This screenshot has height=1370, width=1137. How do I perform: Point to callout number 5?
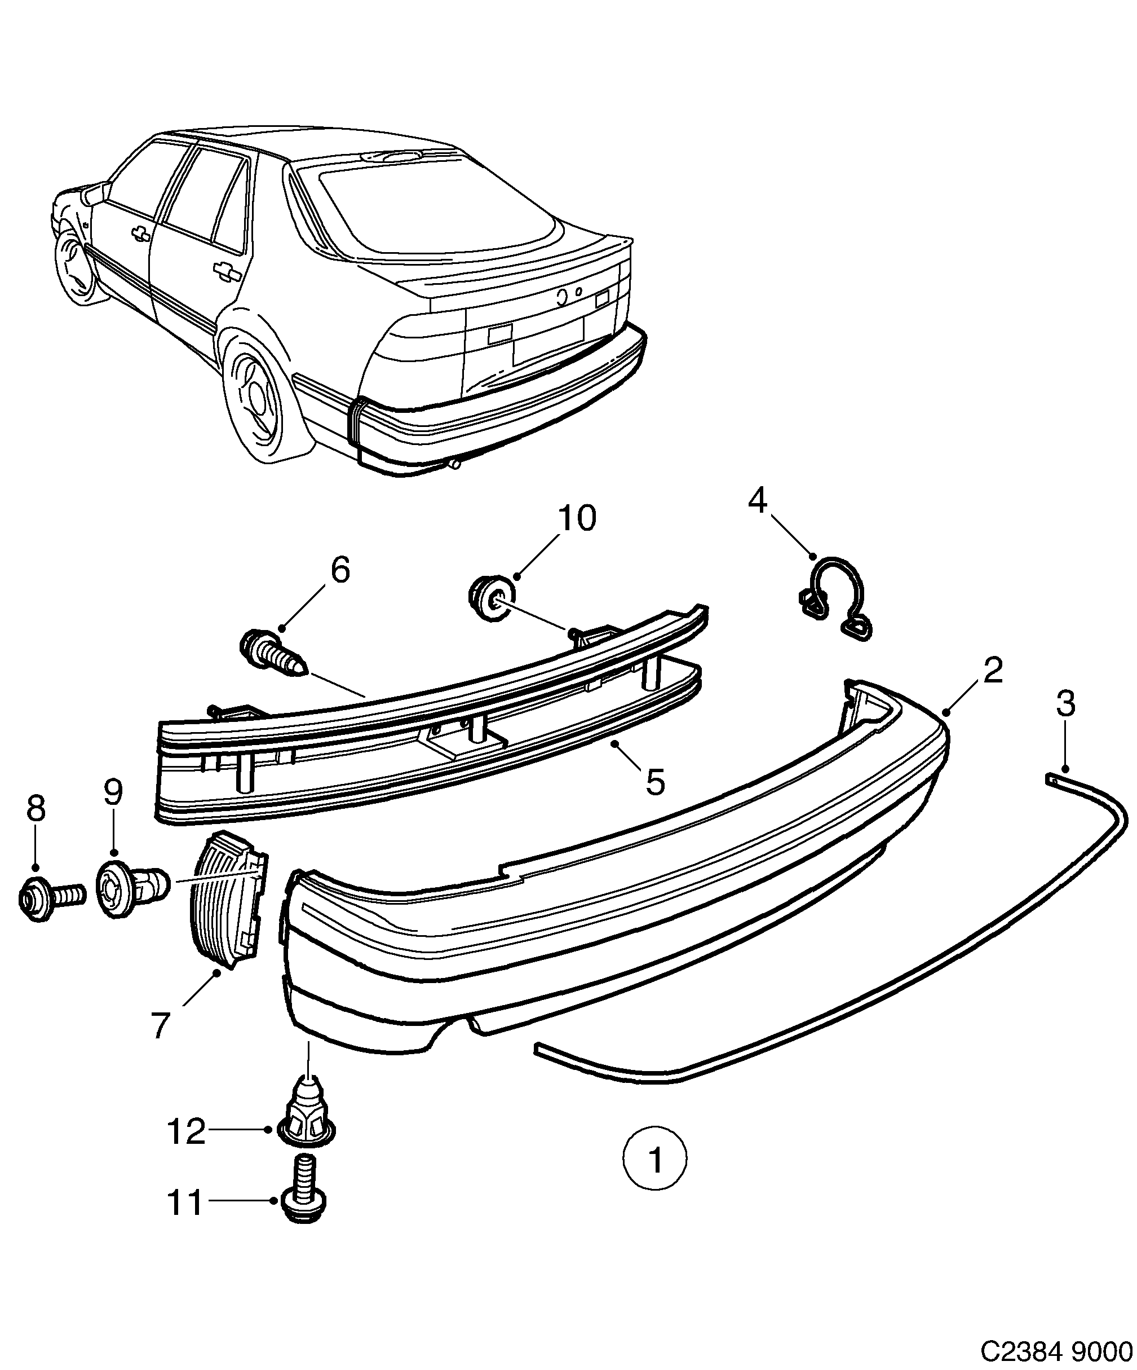pyautogui.click(x=654, y=782)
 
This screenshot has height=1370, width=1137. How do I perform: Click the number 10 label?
pyautogui.click(x=576, y=519)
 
